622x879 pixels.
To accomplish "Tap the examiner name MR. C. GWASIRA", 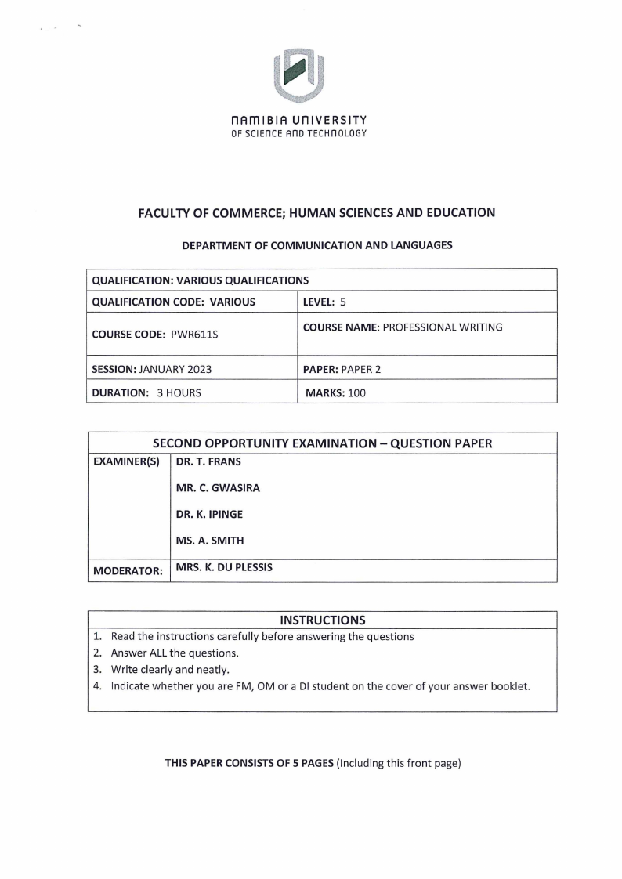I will pos(218,488).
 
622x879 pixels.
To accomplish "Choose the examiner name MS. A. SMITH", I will pos(209,541).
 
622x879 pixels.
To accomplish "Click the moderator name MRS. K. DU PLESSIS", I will pos(225,567).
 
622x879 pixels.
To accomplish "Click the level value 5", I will pos(343,302).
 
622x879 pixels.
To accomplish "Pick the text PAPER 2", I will pos(360,368).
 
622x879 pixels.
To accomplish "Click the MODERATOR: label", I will pos(128,571).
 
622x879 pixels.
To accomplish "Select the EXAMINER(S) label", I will pos(126,463).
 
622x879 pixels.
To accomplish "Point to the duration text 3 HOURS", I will pos(179,392).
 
